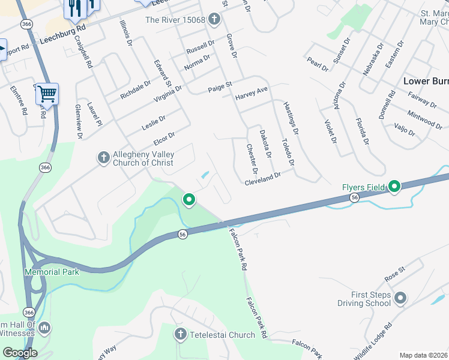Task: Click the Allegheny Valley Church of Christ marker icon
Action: (x=103, y=158)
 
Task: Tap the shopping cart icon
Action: (x=47, y=94)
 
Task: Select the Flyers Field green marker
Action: (x=394, y=187)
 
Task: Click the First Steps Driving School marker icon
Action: (x=400, y=298)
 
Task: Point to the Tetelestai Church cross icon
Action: (x=179, y=334)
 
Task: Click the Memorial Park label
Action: (x=52, y=272)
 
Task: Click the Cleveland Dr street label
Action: (x=262, y=178)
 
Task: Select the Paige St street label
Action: (x=220, y=86)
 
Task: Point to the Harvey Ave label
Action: (x=251, y=94)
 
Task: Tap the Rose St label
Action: (x=396, y=275)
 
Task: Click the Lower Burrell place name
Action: (x=426, y=81)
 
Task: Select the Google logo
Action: (x=20, y=352)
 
